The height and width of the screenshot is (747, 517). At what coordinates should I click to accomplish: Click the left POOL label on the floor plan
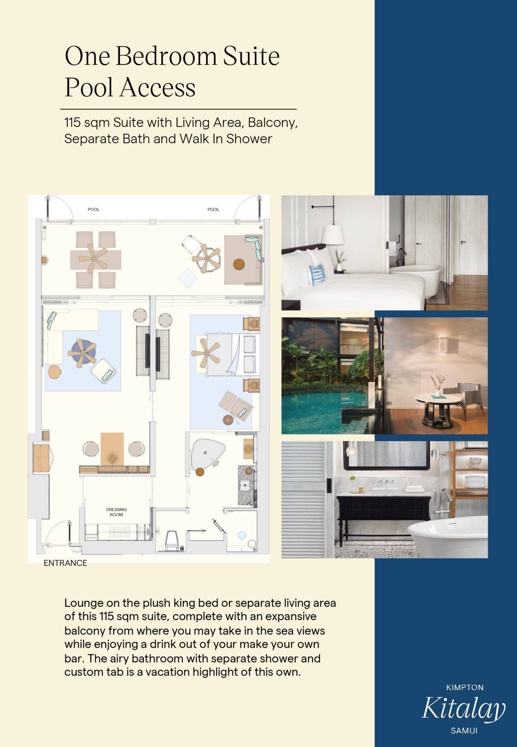pyautogui.click(x=93, y=209)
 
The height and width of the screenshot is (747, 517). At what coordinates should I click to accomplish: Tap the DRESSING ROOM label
pyautogui.click(x=116, y=512)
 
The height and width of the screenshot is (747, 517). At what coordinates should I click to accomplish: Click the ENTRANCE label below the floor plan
pyautogui.click(x=65, y=563)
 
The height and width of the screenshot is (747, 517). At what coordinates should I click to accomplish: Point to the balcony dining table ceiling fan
pyautogui.click(x=93, y=258)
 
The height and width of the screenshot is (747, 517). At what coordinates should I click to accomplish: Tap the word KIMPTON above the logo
pyautogui.click(x=465, y=687)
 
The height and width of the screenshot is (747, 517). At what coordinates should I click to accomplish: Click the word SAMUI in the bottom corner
pyautogui.click(x=464, y=731)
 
